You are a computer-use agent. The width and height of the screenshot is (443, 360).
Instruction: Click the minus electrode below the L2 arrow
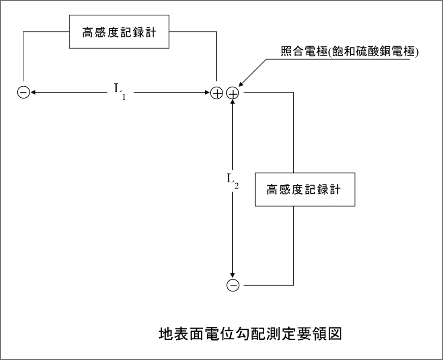(x=233, y=285)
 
